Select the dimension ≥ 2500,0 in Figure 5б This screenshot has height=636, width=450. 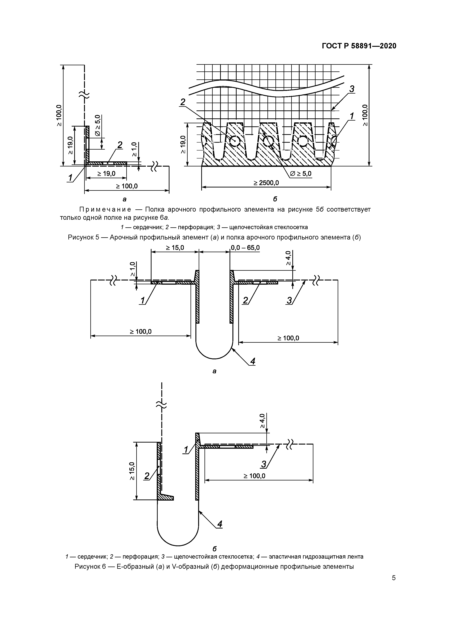(266, 183)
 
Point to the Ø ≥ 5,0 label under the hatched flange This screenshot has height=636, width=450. (300, 174)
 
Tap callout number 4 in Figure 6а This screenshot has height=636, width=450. (252, 361)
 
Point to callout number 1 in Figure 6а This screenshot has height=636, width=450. (143, 300)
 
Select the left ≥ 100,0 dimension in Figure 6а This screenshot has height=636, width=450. (141, 331)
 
